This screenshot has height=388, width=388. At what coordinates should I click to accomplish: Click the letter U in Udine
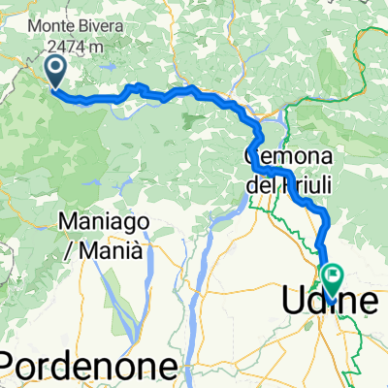[x=292, y=303]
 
